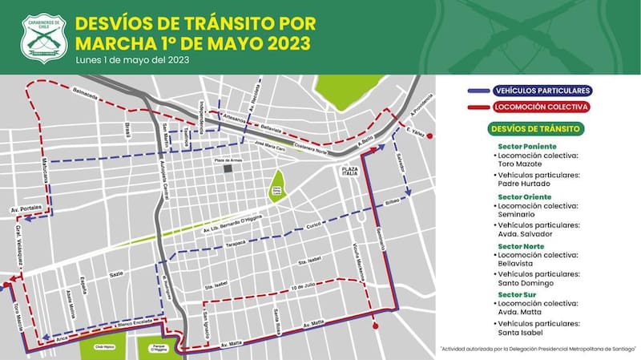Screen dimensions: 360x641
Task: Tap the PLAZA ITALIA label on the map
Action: (x=350, y=171)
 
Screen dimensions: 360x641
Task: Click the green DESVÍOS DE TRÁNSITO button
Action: (x=535, y=128)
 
